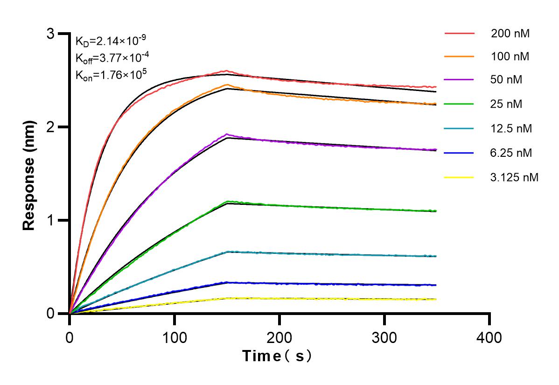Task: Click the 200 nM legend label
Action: click(510, 34)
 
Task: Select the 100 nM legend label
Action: click(510, 57)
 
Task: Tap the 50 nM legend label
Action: click(506, 80)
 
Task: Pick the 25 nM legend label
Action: click(506, 104)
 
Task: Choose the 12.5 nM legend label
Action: click(511, 128)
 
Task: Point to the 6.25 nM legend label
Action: click(511, 153)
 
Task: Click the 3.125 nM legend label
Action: click(515, 177)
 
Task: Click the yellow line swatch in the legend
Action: click(459, 177)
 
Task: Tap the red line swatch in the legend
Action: click(459, 34)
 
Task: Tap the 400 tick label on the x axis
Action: click(489, 337)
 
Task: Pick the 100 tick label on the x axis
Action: click(175, 337)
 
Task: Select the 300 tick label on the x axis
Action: click(384, 337)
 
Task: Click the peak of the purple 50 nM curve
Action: click(226, 134)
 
